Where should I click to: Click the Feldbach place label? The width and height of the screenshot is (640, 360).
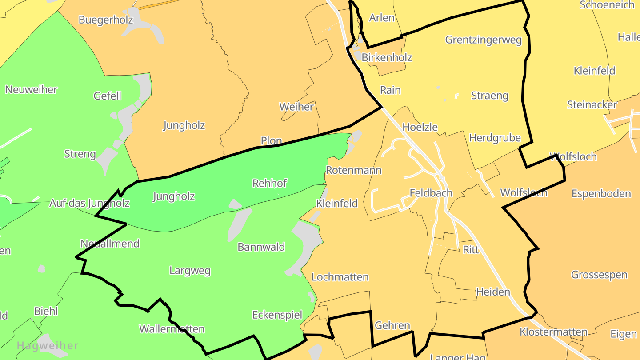pos(431,193)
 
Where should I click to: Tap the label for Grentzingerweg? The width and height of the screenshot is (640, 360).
pos(483,40)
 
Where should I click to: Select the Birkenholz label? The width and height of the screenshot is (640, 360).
pos(387,57)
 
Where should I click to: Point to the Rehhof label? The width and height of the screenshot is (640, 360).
pos(269,183)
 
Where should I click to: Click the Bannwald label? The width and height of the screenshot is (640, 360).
pos(261,247)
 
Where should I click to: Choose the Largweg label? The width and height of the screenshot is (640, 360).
pos(190,271)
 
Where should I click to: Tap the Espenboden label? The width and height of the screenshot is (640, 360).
pos(601,194)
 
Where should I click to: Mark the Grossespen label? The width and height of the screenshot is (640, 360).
pos(599,275)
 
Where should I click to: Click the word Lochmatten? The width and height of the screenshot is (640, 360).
pos(340,277)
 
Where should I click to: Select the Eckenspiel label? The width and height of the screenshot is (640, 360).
pos(277,315)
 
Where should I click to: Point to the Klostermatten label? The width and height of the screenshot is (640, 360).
pos(553,332)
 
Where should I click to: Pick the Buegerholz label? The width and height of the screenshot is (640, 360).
pos(106,20)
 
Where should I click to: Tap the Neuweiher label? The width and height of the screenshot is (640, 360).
pos(31,90)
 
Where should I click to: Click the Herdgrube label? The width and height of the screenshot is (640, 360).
pos(495,138)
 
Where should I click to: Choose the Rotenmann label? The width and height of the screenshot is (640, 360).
pos(353,170)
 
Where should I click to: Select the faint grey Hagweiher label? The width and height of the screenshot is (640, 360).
pos(48,345)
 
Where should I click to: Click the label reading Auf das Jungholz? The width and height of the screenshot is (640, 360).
pos(89,204)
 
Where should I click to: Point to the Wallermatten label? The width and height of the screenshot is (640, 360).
pos(172,329)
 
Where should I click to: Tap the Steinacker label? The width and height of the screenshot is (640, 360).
pos(592,105)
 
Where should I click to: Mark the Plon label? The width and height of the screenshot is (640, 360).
pos(271,141)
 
